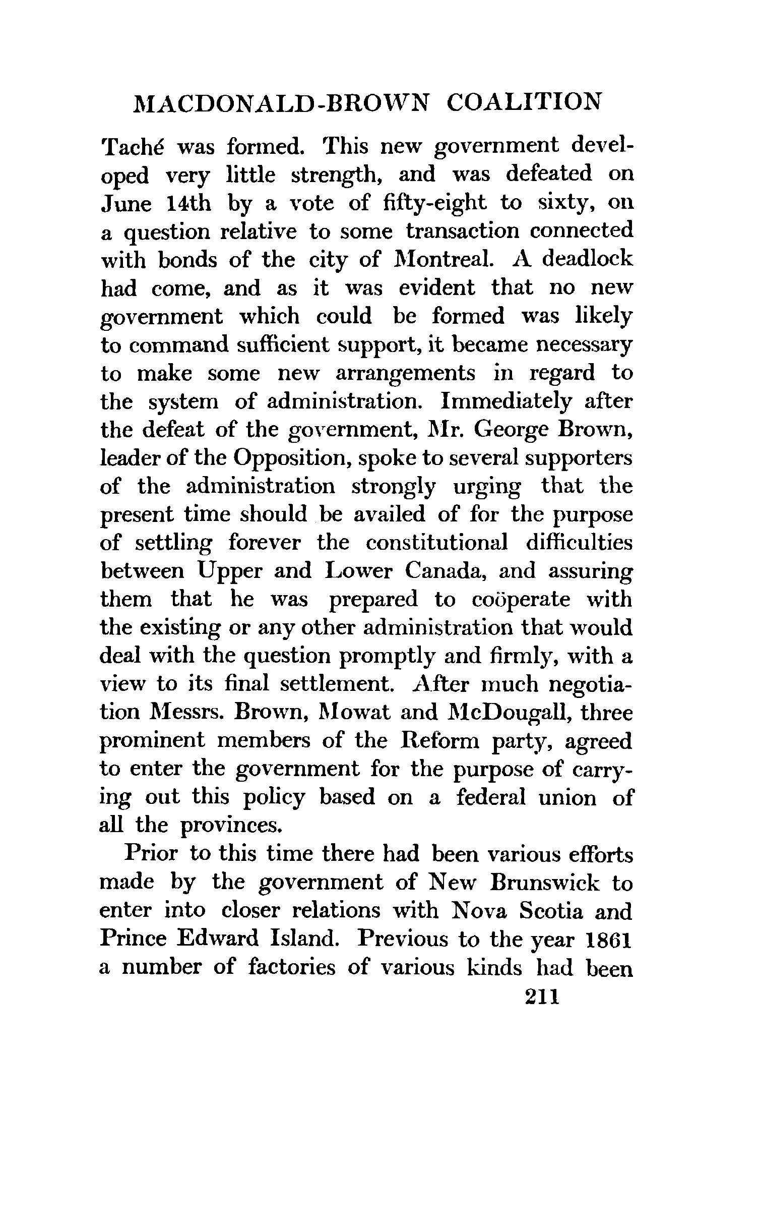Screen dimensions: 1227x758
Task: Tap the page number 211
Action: pyautogui.click(x=542, y=997)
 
